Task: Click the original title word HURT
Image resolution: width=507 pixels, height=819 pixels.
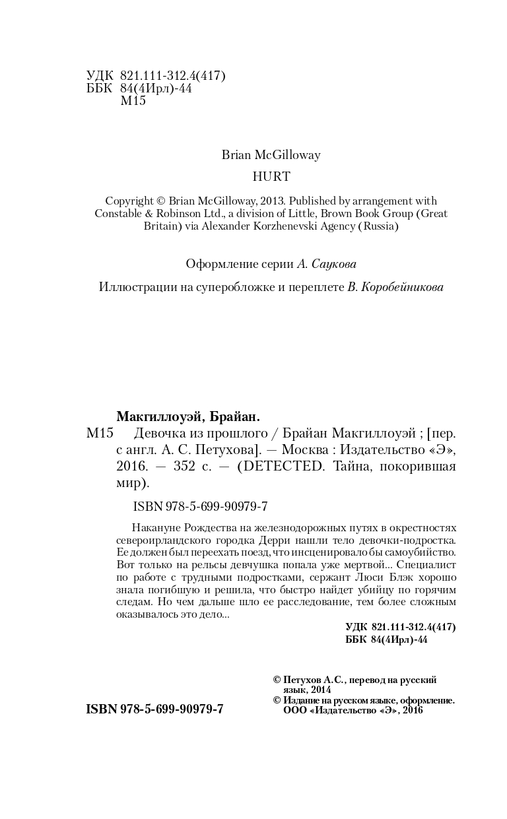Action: [x=271, y=176]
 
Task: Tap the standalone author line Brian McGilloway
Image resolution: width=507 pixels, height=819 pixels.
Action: [x=271, y=155]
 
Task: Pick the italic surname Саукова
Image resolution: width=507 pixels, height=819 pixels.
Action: [x=333, y=264]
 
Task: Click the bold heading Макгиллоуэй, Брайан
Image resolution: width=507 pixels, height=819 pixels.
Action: [x=188, y=416]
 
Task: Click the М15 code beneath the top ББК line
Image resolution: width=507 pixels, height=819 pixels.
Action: [x=133, y=101]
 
